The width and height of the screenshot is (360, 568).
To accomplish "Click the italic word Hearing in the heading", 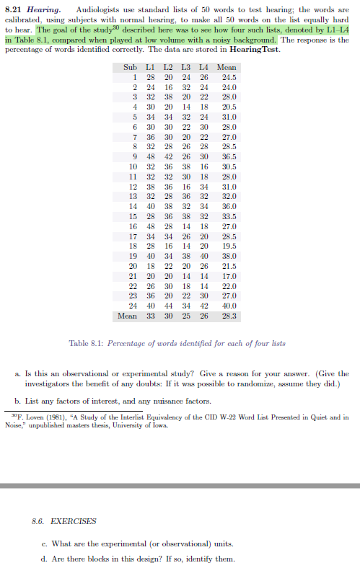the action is [x=43, y=8].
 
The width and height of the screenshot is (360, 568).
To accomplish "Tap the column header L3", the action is [x=185, y=67].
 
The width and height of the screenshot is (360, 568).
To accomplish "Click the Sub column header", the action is [x=130, y=67].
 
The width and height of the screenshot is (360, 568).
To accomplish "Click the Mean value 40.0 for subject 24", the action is [x=229, y=306].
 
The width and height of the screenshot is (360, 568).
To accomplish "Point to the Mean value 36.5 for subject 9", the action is [x=229, y=157].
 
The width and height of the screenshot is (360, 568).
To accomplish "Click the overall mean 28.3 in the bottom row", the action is [x=229, y=316].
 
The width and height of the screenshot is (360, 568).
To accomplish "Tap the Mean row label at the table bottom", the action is [x=128, y=316].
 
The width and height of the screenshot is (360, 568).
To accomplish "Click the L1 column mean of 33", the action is [x=152, y=316].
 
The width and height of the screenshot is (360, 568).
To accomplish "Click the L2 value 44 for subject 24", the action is [x=168, y=306].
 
